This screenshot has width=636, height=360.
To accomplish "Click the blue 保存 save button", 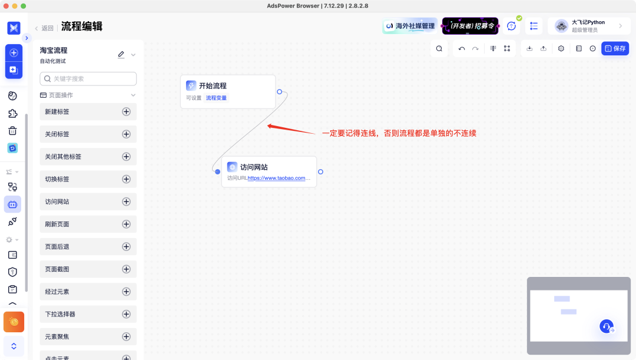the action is [615, 48].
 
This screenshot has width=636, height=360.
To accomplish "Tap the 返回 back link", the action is [44, 28].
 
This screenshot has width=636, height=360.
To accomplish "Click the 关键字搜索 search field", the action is [88, 78].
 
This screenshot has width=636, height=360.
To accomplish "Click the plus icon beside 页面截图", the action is [126, 269].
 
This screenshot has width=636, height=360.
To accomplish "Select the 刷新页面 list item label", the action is [57, 224].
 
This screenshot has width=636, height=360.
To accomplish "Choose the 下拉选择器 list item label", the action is [60, 314].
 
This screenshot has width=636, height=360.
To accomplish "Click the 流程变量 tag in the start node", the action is [216, 98].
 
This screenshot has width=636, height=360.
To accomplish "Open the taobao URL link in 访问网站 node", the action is [279, 178].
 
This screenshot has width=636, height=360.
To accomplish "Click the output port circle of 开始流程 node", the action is [280, 92].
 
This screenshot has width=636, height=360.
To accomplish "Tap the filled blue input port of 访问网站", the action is [217, 172].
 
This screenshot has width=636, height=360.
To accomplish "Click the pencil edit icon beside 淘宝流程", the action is [121, 54].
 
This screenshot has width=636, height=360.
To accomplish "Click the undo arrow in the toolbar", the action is [462, 48].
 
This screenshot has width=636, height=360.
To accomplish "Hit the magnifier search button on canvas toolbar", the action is [439, 48].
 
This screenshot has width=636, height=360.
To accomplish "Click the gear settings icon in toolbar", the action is [561, 48].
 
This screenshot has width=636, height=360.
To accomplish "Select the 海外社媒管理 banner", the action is [409, 26].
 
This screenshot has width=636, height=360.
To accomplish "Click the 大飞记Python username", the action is [588, 22].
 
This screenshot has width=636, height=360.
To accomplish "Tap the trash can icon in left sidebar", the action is [12, 131].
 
